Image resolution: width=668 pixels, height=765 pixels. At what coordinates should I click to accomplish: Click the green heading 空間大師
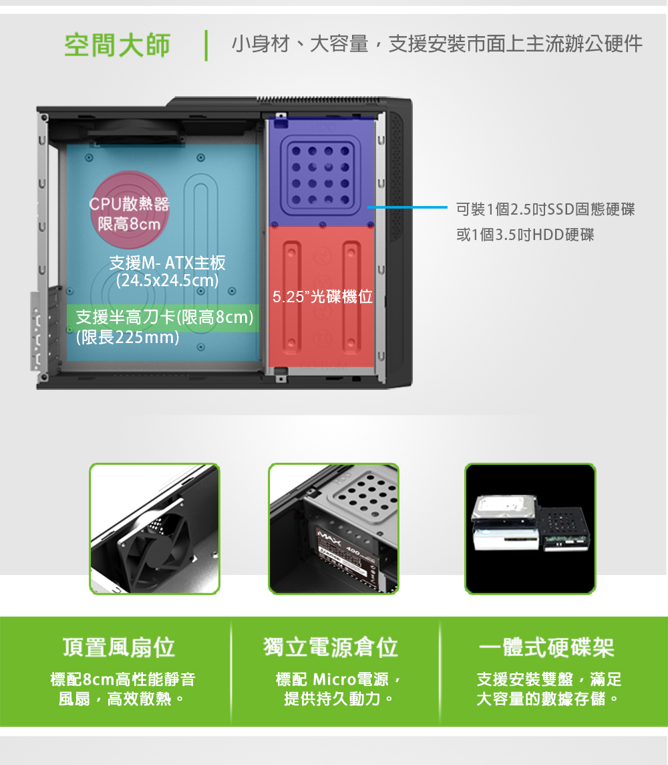point(117,45)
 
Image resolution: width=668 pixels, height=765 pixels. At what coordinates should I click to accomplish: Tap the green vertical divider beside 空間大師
point(206,45)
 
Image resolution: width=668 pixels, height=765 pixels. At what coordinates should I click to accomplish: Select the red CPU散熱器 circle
point(129,210)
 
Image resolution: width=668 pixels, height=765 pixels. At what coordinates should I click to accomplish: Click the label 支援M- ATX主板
point(167,263)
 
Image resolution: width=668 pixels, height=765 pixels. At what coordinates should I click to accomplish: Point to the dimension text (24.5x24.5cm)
point(167,281)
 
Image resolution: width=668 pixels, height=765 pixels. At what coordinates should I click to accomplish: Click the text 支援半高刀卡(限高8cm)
point(165,317)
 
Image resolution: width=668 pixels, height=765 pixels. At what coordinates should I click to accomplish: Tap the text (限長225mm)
point(128,337)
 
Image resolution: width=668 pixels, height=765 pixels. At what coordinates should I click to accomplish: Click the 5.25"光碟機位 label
point(322,296)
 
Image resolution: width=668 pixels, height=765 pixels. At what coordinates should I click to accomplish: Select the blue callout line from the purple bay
point(407,207)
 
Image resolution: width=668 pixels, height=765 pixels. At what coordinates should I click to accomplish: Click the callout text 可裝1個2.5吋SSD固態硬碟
point(546,209)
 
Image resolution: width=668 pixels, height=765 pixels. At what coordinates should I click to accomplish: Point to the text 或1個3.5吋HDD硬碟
point(525,235)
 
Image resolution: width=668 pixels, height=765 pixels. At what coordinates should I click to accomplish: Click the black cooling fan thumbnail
point(154,529)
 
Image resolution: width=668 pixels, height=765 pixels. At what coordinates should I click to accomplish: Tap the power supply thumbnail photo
point(334,529)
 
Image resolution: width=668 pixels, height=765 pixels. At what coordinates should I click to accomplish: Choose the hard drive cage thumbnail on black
point(530,529)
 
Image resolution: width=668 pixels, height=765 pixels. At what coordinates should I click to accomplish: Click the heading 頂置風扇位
point(119,647)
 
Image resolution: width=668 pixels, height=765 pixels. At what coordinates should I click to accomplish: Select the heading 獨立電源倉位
point(331,647)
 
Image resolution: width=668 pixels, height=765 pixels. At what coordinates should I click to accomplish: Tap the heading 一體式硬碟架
point(546,647)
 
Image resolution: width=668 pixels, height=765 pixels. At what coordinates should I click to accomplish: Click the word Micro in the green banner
point(334,679)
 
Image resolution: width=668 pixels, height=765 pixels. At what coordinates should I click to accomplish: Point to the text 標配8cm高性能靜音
point(123,679)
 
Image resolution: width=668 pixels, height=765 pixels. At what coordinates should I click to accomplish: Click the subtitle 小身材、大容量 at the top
point(300,44)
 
